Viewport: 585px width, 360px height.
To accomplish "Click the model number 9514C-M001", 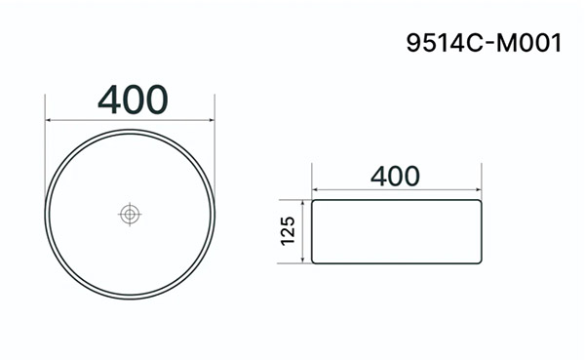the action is pyautogui.click(x=484, y=43).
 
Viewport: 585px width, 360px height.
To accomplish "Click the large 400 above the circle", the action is pyautogui.click(x=133, y=100).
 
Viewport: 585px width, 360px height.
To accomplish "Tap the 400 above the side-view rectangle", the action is pyautogui.click(x=395, y=177).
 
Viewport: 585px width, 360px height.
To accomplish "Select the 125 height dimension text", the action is pyautogui.click(x=288, y=230).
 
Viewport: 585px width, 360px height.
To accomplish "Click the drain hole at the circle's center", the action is pyautogui.click(x=130, y=215).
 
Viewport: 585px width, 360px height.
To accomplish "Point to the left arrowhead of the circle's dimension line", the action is pyautogui.click(x=48, y=120).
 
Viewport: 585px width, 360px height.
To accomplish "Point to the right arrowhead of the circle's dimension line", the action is pyautogui.click(x=212, y=120).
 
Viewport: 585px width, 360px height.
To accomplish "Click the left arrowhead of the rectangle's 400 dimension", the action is pyautogui.click(x=315, y=189).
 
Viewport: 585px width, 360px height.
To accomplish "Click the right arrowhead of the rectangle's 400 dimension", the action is pyautogui.click(x=479, y=189).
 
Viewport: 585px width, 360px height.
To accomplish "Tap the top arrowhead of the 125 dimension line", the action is pyautogui.click(x=303, y=203).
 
